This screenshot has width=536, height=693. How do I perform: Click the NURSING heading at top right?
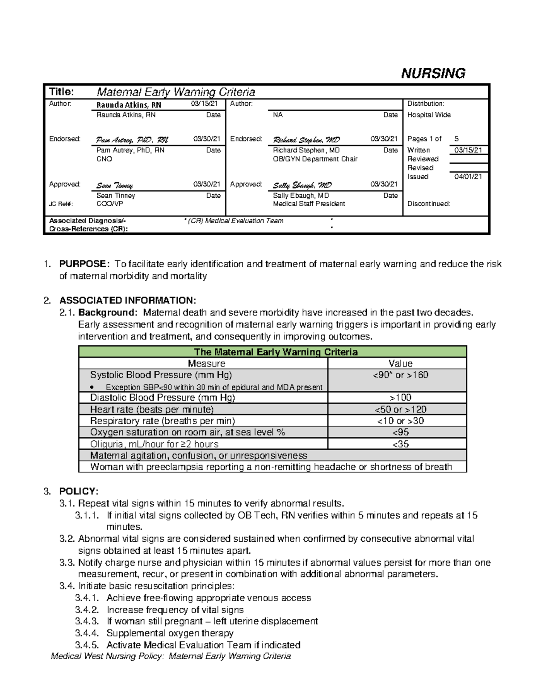(433, 73)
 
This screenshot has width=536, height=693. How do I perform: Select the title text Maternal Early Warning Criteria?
(176, 92)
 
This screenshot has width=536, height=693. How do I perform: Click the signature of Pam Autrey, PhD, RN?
(132, 140)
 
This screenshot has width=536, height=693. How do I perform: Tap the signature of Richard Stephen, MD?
(306, 140)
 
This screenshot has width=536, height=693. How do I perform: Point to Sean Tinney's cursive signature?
(115, 185)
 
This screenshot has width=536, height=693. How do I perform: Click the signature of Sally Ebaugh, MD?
(302, 185)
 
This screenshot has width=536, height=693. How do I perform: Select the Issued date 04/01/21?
(468, 177)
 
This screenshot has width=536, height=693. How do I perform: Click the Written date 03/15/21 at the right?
(468, 150)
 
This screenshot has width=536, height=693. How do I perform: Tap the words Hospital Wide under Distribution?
(429, 115)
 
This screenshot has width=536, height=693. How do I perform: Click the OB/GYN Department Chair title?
(315, 159)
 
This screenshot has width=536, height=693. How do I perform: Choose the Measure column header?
(206, 363)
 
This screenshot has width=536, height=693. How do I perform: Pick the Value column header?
(400, 363)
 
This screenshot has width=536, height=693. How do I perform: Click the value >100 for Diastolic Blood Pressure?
(400, 398)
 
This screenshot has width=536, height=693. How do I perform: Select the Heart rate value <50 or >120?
(400, 409)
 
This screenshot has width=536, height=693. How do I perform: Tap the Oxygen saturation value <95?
(400, 432)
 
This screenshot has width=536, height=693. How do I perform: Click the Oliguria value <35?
(400, 444)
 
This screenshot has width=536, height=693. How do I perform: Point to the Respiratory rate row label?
(162, 421)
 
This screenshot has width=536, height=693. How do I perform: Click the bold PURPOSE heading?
(83, 264)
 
